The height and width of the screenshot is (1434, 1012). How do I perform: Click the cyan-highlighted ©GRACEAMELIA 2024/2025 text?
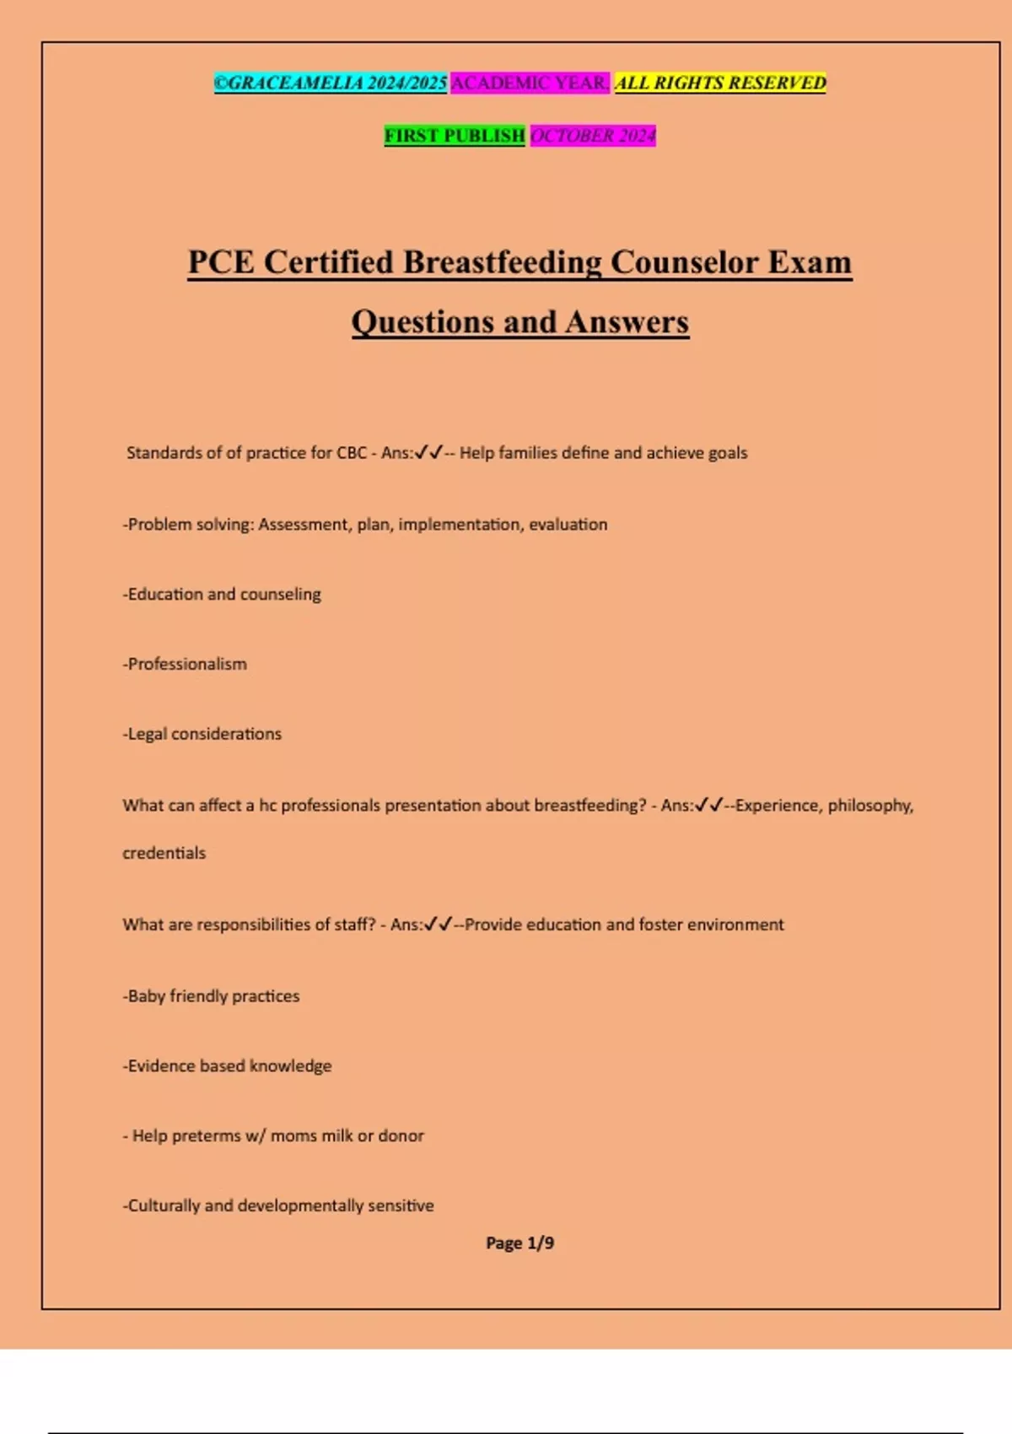click(331, 83)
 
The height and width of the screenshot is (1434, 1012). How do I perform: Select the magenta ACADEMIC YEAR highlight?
click(530, 83)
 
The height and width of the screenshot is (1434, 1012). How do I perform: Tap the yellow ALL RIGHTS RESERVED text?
click(720, 83)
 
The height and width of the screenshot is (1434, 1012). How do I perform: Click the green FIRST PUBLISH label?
click(455, 136)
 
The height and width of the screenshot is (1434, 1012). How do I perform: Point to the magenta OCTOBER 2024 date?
click(593, 136)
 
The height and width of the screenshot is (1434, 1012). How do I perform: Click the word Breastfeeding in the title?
click(503, 262)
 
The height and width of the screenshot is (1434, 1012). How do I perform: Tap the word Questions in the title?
click(423, 322)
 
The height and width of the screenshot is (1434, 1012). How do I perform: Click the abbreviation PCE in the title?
click(221, 262)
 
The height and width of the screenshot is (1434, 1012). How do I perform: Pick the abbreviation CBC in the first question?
click(352, 453)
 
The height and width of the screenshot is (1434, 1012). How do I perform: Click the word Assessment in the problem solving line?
click(304, 525)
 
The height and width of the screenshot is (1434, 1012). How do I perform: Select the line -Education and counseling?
click(222, 595)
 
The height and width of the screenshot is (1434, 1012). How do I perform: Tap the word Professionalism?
click(187, 665)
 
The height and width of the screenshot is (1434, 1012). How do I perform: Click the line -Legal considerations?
click(202, 735)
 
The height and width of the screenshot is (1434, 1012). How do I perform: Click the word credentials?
click(164, 854)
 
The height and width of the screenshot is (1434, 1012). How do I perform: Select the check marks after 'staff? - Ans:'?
click(439, 925)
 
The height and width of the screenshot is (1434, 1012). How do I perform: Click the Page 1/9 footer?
click(519, 1243)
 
